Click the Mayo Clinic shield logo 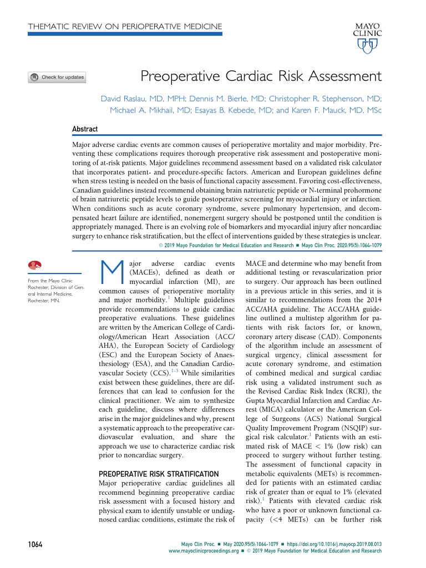(364, 47)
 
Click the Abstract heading (85, 129)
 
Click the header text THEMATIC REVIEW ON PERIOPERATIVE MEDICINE (125, 26)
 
